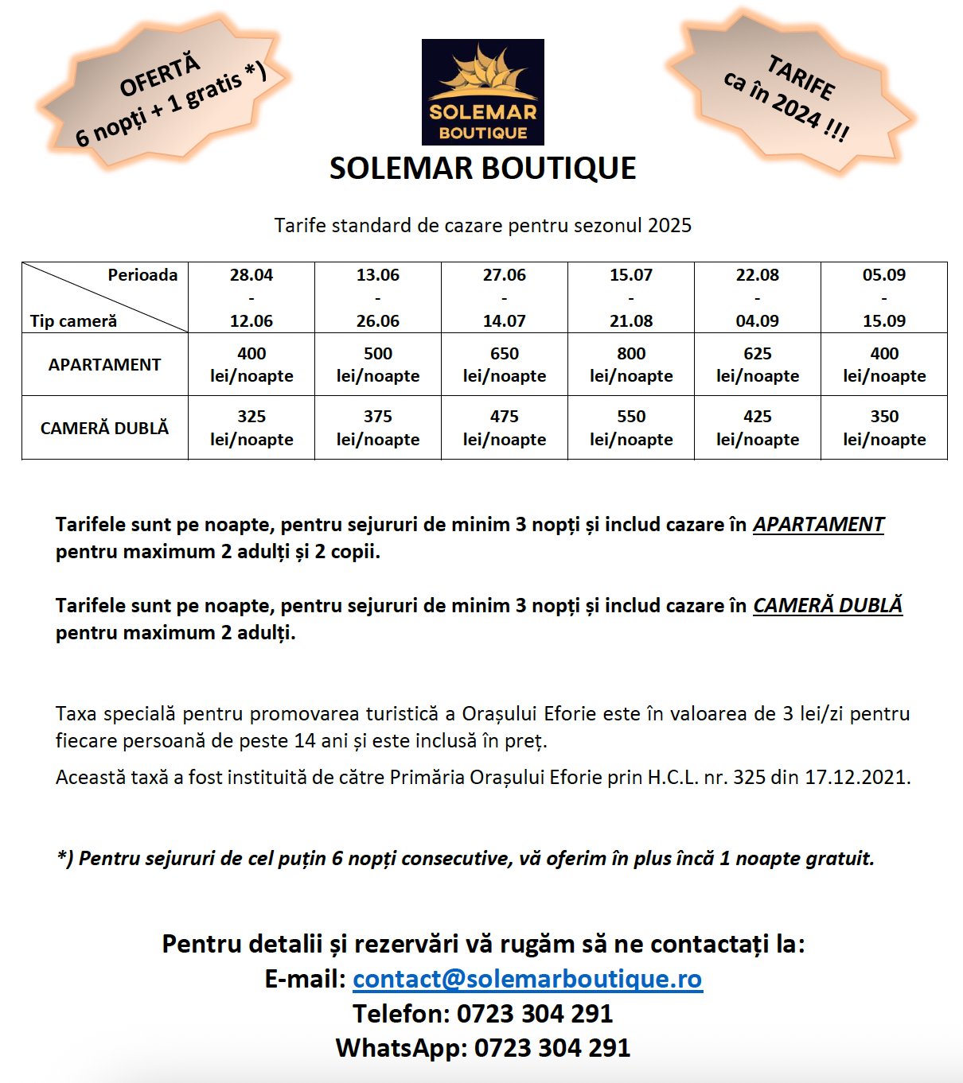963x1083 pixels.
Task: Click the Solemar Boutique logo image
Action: coord(482,92)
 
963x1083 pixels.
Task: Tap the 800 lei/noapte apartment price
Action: coord(631,364)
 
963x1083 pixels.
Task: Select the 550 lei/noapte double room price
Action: coord(631,428)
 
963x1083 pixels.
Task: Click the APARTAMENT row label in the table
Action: coord(104,364)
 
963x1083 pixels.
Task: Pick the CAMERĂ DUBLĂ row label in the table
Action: coord(104,428)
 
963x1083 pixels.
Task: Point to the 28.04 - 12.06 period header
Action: coord(251,297)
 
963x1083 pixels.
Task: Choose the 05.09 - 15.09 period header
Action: coord(884,297)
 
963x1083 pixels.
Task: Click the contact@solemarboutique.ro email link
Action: coord(527,978)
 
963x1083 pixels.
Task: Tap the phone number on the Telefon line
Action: coord(534,1013)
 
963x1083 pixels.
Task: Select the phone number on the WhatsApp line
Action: coord(552,1047)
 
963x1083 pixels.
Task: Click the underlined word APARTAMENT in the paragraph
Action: coord(818,524)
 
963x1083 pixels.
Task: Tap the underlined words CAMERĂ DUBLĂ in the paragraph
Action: coord(828,605)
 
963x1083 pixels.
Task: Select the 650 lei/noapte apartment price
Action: coord(505,364)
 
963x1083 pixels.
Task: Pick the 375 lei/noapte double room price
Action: coord(378,428)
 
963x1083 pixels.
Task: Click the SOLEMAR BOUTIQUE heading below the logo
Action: coord(482,169)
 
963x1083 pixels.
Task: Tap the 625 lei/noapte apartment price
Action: coord(758,364)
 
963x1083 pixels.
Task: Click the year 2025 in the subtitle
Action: coord(669,225)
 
